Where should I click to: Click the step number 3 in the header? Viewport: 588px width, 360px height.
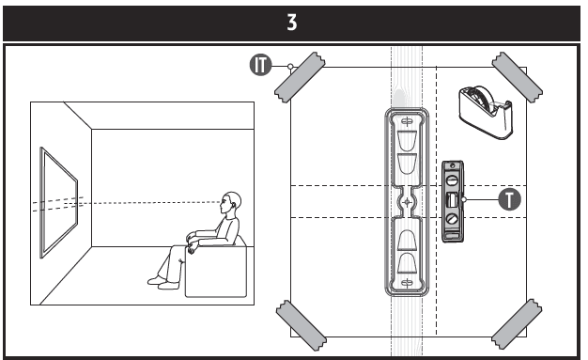click(x=292, y=23)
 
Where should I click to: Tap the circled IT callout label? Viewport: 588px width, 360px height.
click(x=260, y=65)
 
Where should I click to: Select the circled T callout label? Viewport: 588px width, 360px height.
click(x=510, y=199)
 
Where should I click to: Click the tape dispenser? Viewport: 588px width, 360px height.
click(x=486, y=112)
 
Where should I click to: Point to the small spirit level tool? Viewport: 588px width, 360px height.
click(x=453, y=201)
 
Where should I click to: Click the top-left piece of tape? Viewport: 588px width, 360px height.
click(x=300, y=77)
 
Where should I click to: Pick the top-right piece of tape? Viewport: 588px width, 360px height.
click(x=518, y=77)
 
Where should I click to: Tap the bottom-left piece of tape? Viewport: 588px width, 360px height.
click(x=302, y=325)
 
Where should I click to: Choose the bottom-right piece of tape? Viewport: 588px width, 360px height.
click(x=517, y=324)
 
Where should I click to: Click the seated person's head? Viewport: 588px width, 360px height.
click(x=231, y=203)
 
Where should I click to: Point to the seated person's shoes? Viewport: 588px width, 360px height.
click(x=163, y=283)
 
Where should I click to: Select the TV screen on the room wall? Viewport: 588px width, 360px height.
click(x=59, y=202)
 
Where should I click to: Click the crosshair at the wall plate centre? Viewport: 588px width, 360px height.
click(x=407, y=202)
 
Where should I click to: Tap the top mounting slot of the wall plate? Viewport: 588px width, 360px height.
click(x=407, y=121)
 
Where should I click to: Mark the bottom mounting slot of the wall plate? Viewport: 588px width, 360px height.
click(x=407, y=283)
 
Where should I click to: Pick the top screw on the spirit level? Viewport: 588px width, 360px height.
click(x=453, y=180)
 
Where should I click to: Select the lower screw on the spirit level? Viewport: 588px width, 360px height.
click(x=453, y=219)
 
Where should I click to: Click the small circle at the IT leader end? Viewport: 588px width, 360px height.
click(x=290, y=67)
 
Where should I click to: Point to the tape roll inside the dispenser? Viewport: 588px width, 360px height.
click(x=481, y=99)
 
